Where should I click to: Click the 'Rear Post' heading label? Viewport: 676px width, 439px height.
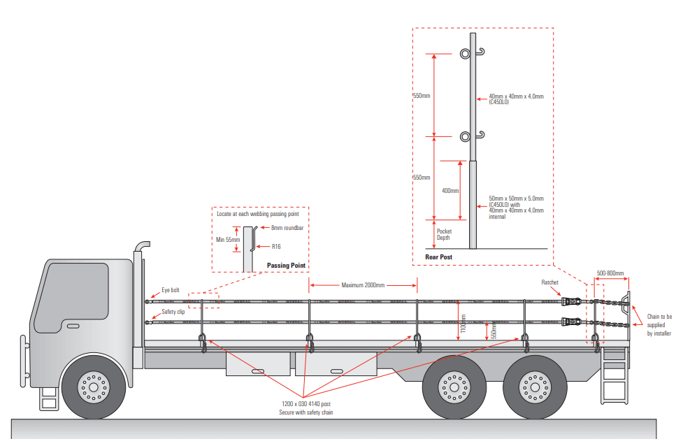click(x=439, y=257)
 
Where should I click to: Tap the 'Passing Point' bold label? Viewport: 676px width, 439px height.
click(x=288, y=266)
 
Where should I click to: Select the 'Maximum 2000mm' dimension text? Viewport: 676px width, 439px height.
click(x=363, y=285)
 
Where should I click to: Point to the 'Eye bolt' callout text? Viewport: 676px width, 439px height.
click(x=171, y=289)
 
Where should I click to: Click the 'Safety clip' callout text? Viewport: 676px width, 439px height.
click(x=173, y=312)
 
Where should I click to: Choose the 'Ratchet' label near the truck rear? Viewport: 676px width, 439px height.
click(x=550, y=282)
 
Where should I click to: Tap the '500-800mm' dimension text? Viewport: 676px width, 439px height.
click(x=610, y=273)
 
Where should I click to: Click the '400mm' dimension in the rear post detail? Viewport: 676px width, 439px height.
click(x=450, y=191)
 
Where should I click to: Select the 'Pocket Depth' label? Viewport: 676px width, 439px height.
click(x=445, y=234)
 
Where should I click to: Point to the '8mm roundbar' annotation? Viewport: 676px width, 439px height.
click(x=286, y=228)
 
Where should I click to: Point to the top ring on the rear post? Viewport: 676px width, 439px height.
click(x=465, y=54)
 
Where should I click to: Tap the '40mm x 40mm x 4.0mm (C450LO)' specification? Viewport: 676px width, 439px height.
click(x=516, y=99)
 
